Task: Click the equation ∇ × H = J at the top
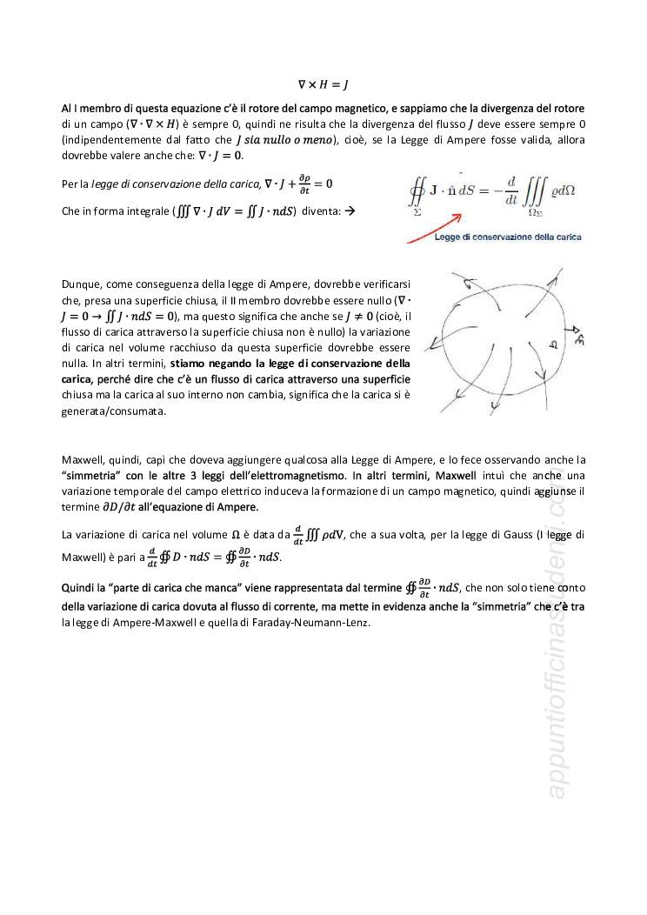323,85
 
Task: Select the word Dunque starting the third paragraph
81,284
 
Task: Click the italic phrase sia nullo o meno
294,140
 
